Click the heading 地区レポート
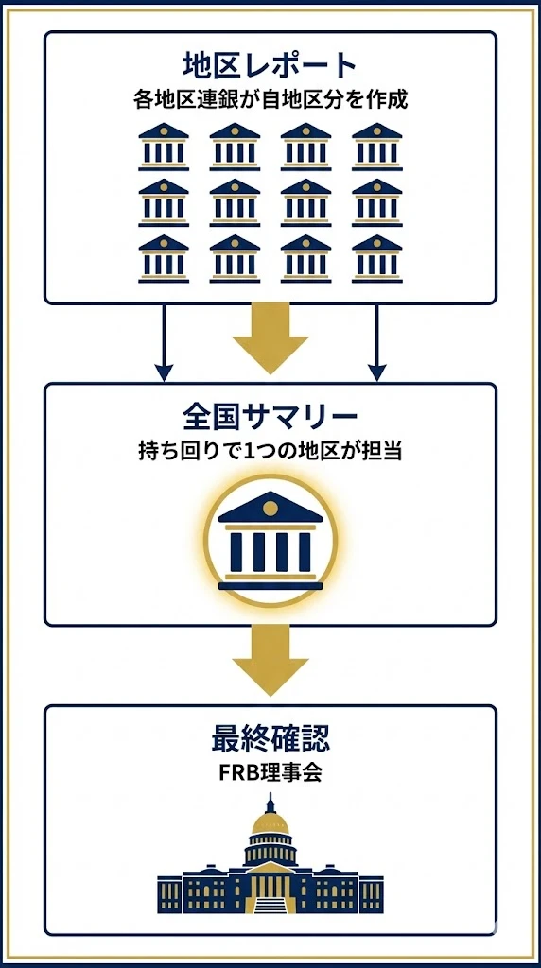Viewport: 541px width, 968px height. [270, 65]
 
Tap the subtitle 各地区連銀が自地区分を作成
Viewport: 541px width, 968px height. [270, 98]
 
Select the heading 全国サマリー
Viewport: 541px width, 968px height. [270, 417]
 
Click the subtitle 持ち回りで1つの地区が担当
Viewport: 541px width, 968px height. [270, 450]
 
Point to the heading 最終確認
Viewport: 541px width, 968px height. [270, 738]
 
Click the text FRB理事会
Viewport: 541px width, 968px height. [270, 771]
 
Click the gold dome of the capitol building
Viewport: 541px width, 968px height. [270, 823]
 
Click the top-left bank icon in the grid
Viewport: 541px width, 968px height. [164, 147]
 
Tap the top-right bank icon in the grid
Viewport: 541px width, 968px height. [376, 147]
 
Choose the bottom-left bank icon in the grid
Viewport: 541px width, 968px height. [164, 258]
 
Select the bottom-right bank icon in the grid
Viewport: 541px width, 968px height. [376, 258]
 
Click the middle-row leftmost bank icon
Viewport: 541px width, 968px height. [164, 202]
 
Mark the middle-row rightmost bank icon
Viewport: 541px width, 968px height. [376, 202]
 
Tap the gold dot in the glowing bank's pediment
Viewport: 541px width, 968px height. [270, 509]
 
